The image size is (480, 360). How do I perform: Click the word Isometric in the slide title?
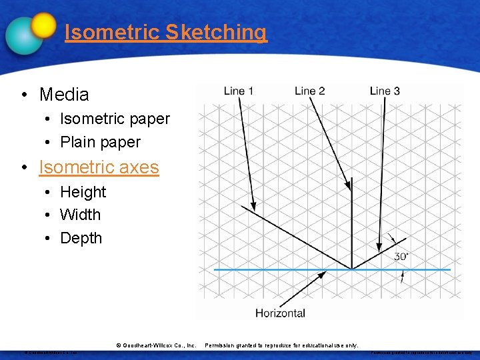tap(112, 32)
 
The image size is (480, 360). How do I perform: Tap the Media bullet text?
tap(64, 95)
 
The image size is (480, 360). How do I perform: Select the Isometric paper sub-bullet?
tap(115, 119)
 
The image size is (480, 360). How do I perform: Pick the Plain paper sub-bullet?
tap(100, 142)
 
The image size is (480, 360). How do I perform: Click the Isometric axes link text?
tap(99, 167)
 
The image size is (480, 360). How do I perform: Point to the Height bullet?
tap(83, 192)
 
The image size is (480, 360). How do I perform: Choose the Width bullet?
tap(80, 215)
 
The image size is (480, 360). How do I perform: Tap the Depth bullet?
tap(81, 238)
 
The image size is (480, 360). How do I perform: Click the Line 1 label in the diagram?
tap(239, 91)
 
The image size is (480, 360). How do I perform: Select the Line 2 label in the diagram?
tap(309, 91)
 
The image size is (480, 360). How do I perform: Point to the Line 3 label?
tap(385, 91)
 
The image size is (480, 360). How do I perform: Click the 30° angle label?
tap(401, 257)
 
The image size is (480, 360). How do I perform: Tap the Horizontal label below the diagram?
tap(280, 313)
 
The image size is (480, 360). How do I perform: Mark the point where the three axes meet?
tap(352, 269)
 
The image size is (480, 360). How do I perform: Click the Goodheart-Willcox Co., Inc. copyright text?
tap(156, 345)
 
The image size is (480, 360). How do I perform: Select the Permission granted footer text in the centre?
tap(281, 345)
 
